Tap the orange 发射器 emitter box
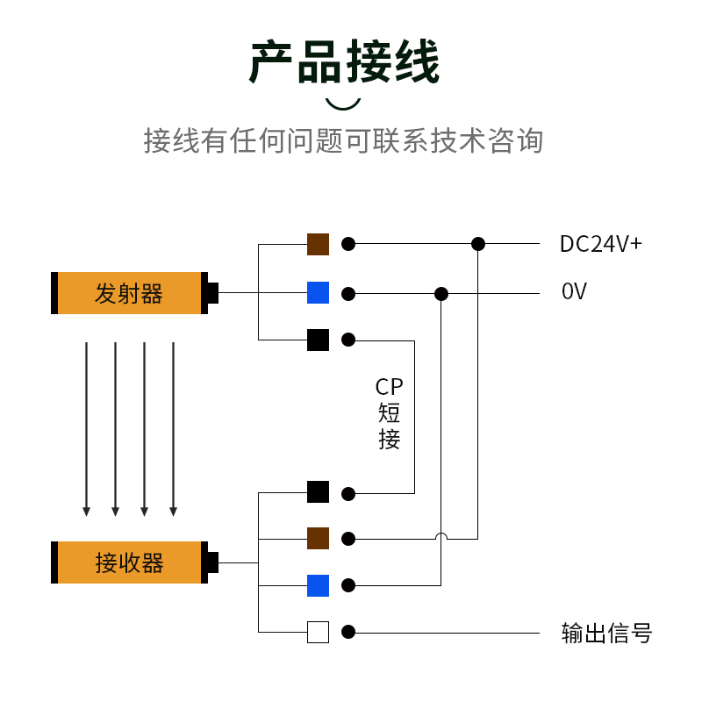(130, 293)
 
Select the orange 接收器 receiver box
(130, 562)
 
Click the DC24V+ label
(601, 244)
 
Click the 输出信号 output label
(606, 633)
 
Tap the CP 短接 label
(390, 413)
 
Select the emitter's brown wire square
(318, 244)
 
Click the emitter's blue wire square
(318, 293)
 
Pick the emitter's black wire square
(318, 340)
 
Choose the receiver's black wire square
(318, 492)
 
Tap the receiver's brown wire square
(318, 538)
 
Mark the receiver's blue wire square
(318, 585)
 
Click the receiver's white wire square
(318, 632)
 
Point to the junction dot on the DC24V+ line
(478, 244)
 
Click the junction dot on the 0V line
(441, 294)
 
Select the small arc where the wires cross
(441, 536)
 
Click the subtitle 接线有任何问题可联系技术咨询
(344, 140)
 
